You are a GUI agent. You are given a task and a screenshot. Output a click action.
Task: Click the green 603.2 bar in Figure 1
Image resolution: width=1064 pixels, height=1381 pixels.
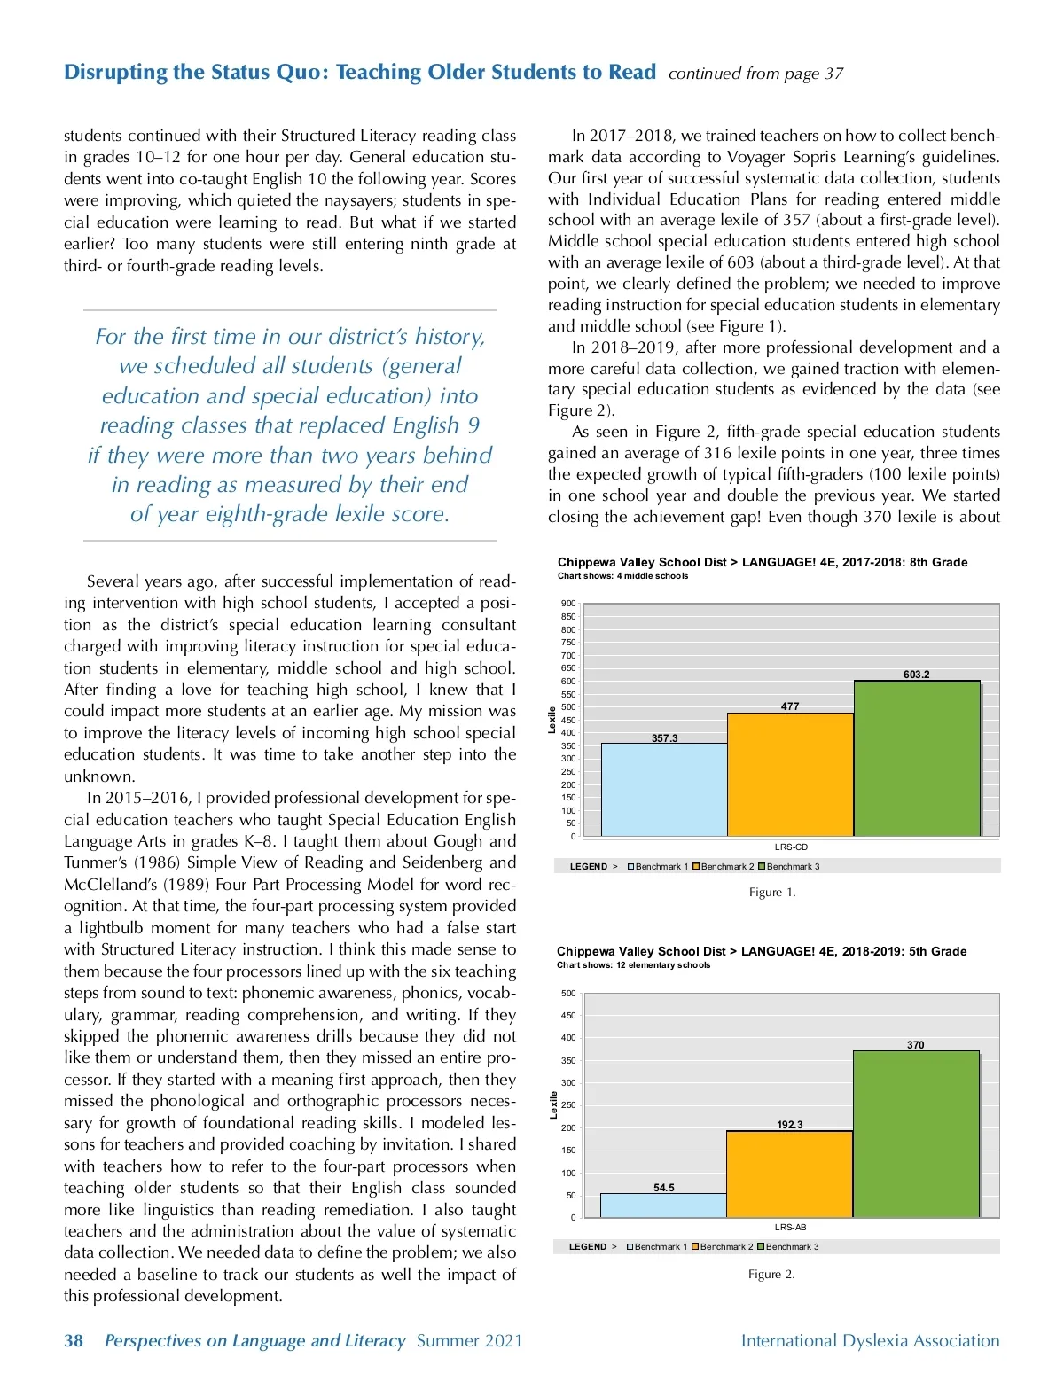(x=917, y=758)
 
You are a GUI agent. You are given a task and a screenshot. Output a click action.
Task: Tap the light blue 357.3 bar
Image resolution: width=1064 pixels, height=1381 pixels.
(x=664, y=789)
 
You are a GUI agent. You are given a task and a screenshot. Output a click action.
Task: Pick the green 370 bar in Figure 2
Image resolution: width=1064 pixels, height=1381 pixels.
(x=916, y=1134)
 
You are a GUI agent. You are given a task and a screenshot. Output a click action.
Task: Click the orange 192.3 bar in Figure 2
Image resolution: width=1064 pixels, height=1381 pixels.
(x=789, y=1174)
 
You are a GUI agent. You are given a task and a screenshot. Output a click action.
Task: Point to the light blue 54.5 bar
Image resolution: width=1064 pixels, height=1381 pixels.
(x=663, y=1205)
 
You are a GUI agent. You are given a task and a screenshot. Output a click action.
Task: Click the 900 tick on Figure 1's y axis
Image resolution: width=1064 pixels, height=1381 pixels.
(x=568, y=604)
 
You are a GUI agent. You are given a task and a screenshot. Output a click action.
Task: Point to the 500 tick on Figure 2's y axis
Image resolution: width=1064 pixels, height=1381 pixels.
(x=568, y=994)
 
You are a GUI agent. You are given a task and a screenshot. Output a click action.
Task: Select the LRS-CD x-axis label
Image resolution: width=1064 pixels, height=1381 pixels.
(x=791, y=847)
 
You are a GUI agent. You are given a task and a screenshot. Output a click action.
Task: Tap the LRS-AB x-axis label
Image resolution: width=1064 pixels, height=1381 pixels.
(x=790, y=1228)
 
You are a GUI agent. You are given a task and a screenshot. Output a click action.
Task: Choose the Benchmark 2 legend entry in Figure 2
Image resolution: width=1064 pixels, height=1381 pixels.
(x=723, y=1247)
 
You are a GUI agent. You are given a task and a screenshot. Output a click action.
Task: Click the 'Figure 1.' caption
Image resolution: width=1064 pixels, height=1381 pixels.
(x=772, y=893)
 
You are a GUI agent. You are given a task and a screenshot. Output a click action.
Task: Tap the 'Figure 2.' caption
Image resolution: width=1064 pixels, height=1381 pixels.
(x=771, y=1275)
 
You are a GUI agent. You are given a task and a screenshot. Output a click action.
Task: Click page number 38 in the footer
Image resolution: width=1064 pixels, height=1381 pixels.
(x=74, y=1341)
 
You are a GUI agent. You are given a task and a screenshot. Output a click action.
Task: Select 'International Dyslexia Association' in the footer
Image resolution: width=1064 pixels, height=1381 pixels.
(x=870, y=1341)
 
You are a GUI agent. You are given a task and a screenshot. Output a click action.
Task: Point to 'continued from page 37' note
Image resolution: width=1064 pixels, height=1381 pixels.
(x=755, y=74)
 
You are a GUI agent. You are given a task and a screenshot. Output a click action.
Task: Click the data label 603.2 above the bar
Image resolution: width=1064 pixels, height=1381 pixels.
(x=917, y=675)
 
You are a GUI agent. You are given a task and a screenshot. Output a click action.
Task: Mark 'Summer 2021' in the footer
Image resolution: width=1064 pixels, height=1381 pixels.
(x=469, y=1341)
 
